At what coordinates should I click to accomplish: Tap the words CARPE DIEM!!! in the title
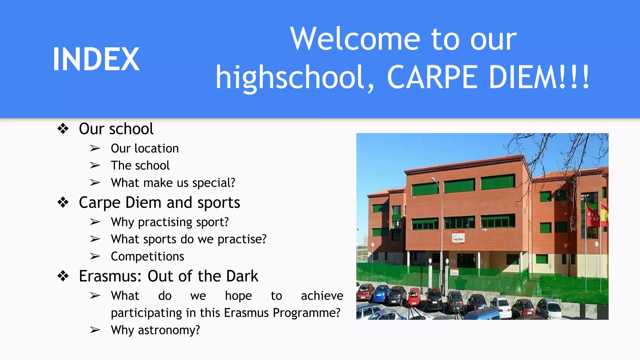click(x=488, y=77)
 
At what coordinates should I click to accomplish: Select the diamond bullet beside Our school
click(x=63, y=129)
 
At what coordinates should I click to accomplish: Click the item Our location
click(x=145, y=148)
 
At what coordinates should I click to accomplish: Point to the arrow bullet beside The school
click(x=95, y=165)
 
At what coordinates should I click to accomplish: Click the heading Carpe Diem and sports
click(x=159, y=202)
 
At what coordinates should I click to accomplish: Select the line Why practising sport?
click(x=170, y=222)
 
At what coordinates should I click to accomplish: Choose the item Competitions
click(x=147, y=257)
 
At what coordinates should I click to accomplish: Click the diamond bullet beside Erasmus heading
click(x=63, y=276)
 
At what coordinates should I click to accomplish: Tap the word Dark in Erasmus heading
click(x=242, y=276)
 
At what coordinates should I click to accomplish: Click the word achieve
click(x=322, y=296)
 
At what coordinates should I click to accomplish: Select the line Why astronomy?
click(x=155, y=330)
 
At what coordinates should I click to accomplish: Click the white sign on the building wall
click(x=458, y=237)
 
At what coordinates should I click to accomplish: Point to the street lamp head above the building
click(x=434, y=179)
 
